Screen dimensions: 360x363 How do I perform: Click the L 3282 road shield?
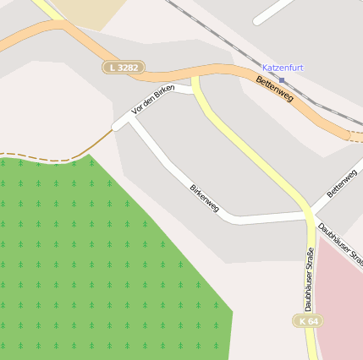124,66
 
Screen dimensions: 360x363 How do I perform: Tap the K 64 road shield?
308,321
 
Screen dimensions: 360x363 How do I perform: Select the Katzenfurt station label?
283,68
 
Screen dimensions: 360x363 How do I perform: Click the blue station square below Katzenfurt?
282,79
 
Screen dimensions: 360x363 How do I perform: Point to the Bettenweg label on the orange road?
274,89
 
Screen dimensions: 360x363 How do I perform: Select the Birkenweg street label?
204,198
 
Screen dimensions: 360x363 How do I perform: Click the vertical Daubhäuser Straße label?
309,279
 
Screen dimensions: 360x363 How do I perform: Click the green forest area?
85,262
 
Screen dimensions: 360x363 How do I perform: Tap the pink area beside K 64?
343,304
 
